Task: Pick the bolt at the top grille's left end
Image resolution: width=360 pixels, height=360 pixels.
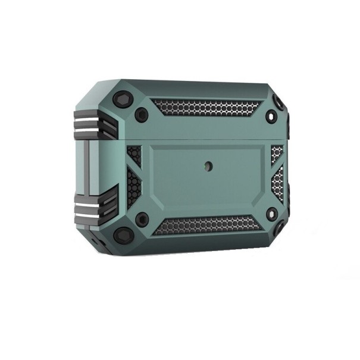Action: coord(142,115)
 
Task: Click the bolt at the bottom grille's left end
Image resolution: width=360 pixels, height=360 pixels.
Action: coord(142,219)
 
